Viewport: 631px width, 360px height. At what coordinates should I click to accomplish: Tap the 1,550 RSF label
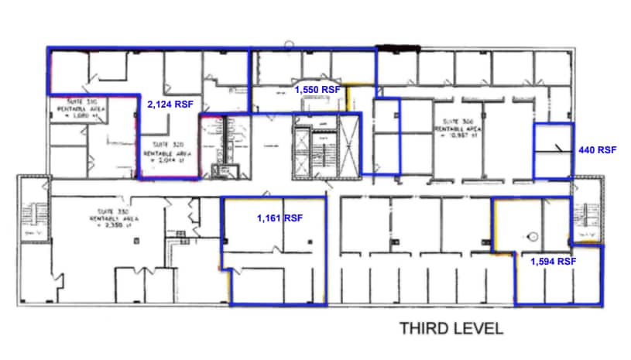pos(317,90)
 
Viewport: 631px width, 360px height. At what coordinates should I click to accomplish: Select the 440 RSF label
pos(597,150)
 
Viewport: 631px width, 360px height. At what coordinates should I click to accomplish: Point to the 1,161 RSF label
pos(279,219)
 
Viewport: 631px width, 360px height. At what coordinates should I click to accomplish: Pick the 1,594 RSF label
pos(553,262)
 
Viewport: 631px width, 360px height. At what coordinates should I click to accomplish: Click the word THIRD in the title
pos(425,328)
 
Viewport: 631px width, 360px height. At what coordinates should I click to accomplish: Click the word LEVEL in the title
pos(478,328)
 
